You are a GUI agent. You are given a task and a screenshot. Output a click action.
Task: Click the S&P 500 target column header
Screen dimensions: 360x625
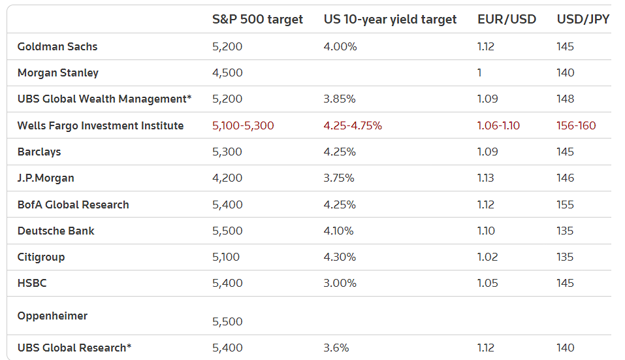coord(257,20)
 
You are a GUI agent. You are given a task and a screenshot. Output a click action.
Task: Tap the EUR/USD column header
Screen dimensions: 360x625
coord(507,20)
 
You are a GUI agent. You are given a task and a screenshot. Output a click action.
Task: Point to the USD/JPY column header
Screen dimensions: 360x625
coord(583,20)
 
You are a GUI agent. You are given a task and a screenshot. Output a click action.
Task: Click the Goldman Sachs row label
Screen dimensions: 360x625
coord(57,47)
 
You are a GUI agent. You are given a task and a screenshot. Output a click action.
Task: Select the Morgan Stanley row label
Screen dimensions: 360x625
coord(58,73)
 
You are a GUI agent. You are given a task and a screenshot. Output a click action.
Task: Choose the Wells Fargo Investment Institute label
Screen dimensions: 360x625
coord(101,125)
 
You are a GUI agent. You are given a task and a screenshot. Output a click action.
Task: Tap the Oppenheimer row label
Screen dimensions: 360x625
coord(52,316)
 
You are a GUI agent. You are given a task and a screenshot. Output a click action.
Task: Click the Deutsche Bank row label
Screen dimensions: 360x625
coord(56,231)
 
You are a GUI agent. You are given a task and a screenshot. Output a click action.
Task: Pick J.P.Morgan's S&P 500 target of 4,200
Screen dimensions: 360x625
coord(227,178)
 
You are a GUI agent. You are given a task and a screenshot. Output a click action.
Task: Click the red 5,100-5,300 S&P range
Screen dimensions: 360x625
coord(243,125)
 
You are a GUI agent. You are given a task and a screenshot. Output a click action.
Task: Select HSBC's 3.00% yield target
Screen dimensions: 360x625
coord(340,283)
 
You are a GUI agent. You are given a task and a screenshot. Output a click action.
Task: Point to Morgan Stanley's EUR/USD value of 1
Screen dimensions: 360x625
coord(479,73)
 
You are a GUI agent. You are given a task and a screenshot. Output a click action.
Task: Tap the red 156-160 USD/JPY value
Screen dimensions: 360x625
coord(576,125)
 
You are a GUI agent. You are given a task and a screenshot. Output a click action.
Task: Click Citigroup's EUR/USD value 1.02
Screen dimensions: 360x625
coord(487,257)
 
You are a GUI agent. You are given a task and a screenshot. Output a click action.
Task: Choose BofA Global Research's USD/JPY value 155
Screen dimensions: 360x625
coord(566,205)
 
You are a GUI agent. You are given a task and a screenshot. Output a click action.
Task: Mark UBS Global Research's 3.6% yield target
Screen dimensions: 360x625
coord(336,348)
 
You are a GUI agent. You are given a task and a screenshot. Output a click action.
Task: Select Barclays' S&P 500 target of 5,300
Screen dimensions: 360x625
coord(227,152)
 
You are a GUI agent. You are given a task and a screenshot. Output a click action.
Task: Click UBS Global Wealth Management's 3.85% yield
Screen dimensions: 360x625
coord(340,99)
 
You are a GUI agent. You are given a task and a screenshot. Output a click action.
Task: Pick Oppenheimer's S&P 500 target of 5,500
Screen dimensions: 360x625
coord(227,321)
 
